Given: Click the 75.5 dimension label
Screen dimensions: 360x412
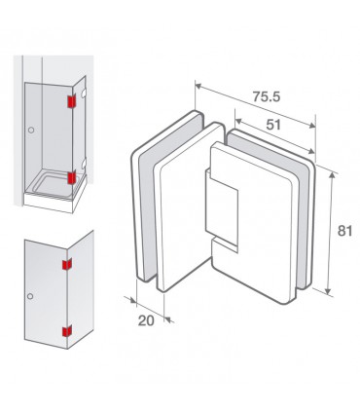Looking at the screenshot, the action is (x=266, y=96).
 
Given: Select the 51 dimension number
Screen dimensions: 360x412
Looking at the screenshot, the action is (x=273, y=125).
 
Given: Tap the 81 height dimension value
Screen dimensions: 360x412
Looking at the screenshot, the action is (x=344, y=231).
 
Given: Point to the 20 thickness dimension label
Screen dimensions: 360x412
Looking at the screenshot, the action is (x=146, y=320).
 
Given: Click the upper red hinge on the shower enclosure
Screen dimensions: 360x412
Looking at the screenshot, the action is (x=71, y=101).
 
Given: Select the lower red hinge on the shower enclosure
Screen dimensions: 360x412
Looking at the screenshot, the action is (x=72, y=177).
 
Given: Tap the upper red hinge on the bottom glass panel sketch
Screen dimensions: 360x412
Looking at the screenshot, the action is (x=67, y=265).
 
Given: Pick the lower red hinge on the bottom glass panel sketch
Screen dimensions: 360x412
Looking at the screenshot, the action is (x=67, y=331).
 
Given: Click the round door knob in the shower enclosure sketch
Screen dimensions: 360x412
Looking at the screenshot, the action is (x=31, y=131).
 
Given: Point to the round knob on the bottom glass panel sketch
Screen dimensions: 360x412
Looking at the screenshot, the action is (x=30, y=296).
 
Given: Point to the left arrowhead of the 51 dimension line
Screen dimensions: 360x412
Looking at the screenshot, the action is (x=238, y=121).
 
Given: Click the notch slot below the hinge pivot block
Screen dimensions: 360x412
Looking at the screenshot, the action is (x=224, y=244).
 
